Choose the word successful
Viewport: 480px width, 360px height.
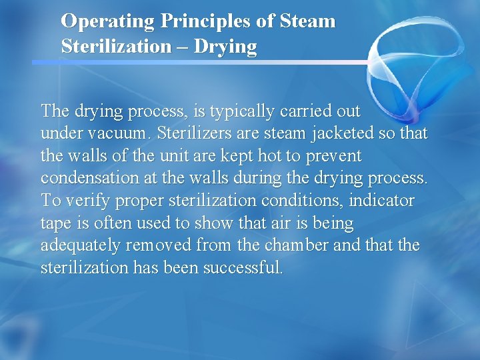[x=245, y=268]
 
